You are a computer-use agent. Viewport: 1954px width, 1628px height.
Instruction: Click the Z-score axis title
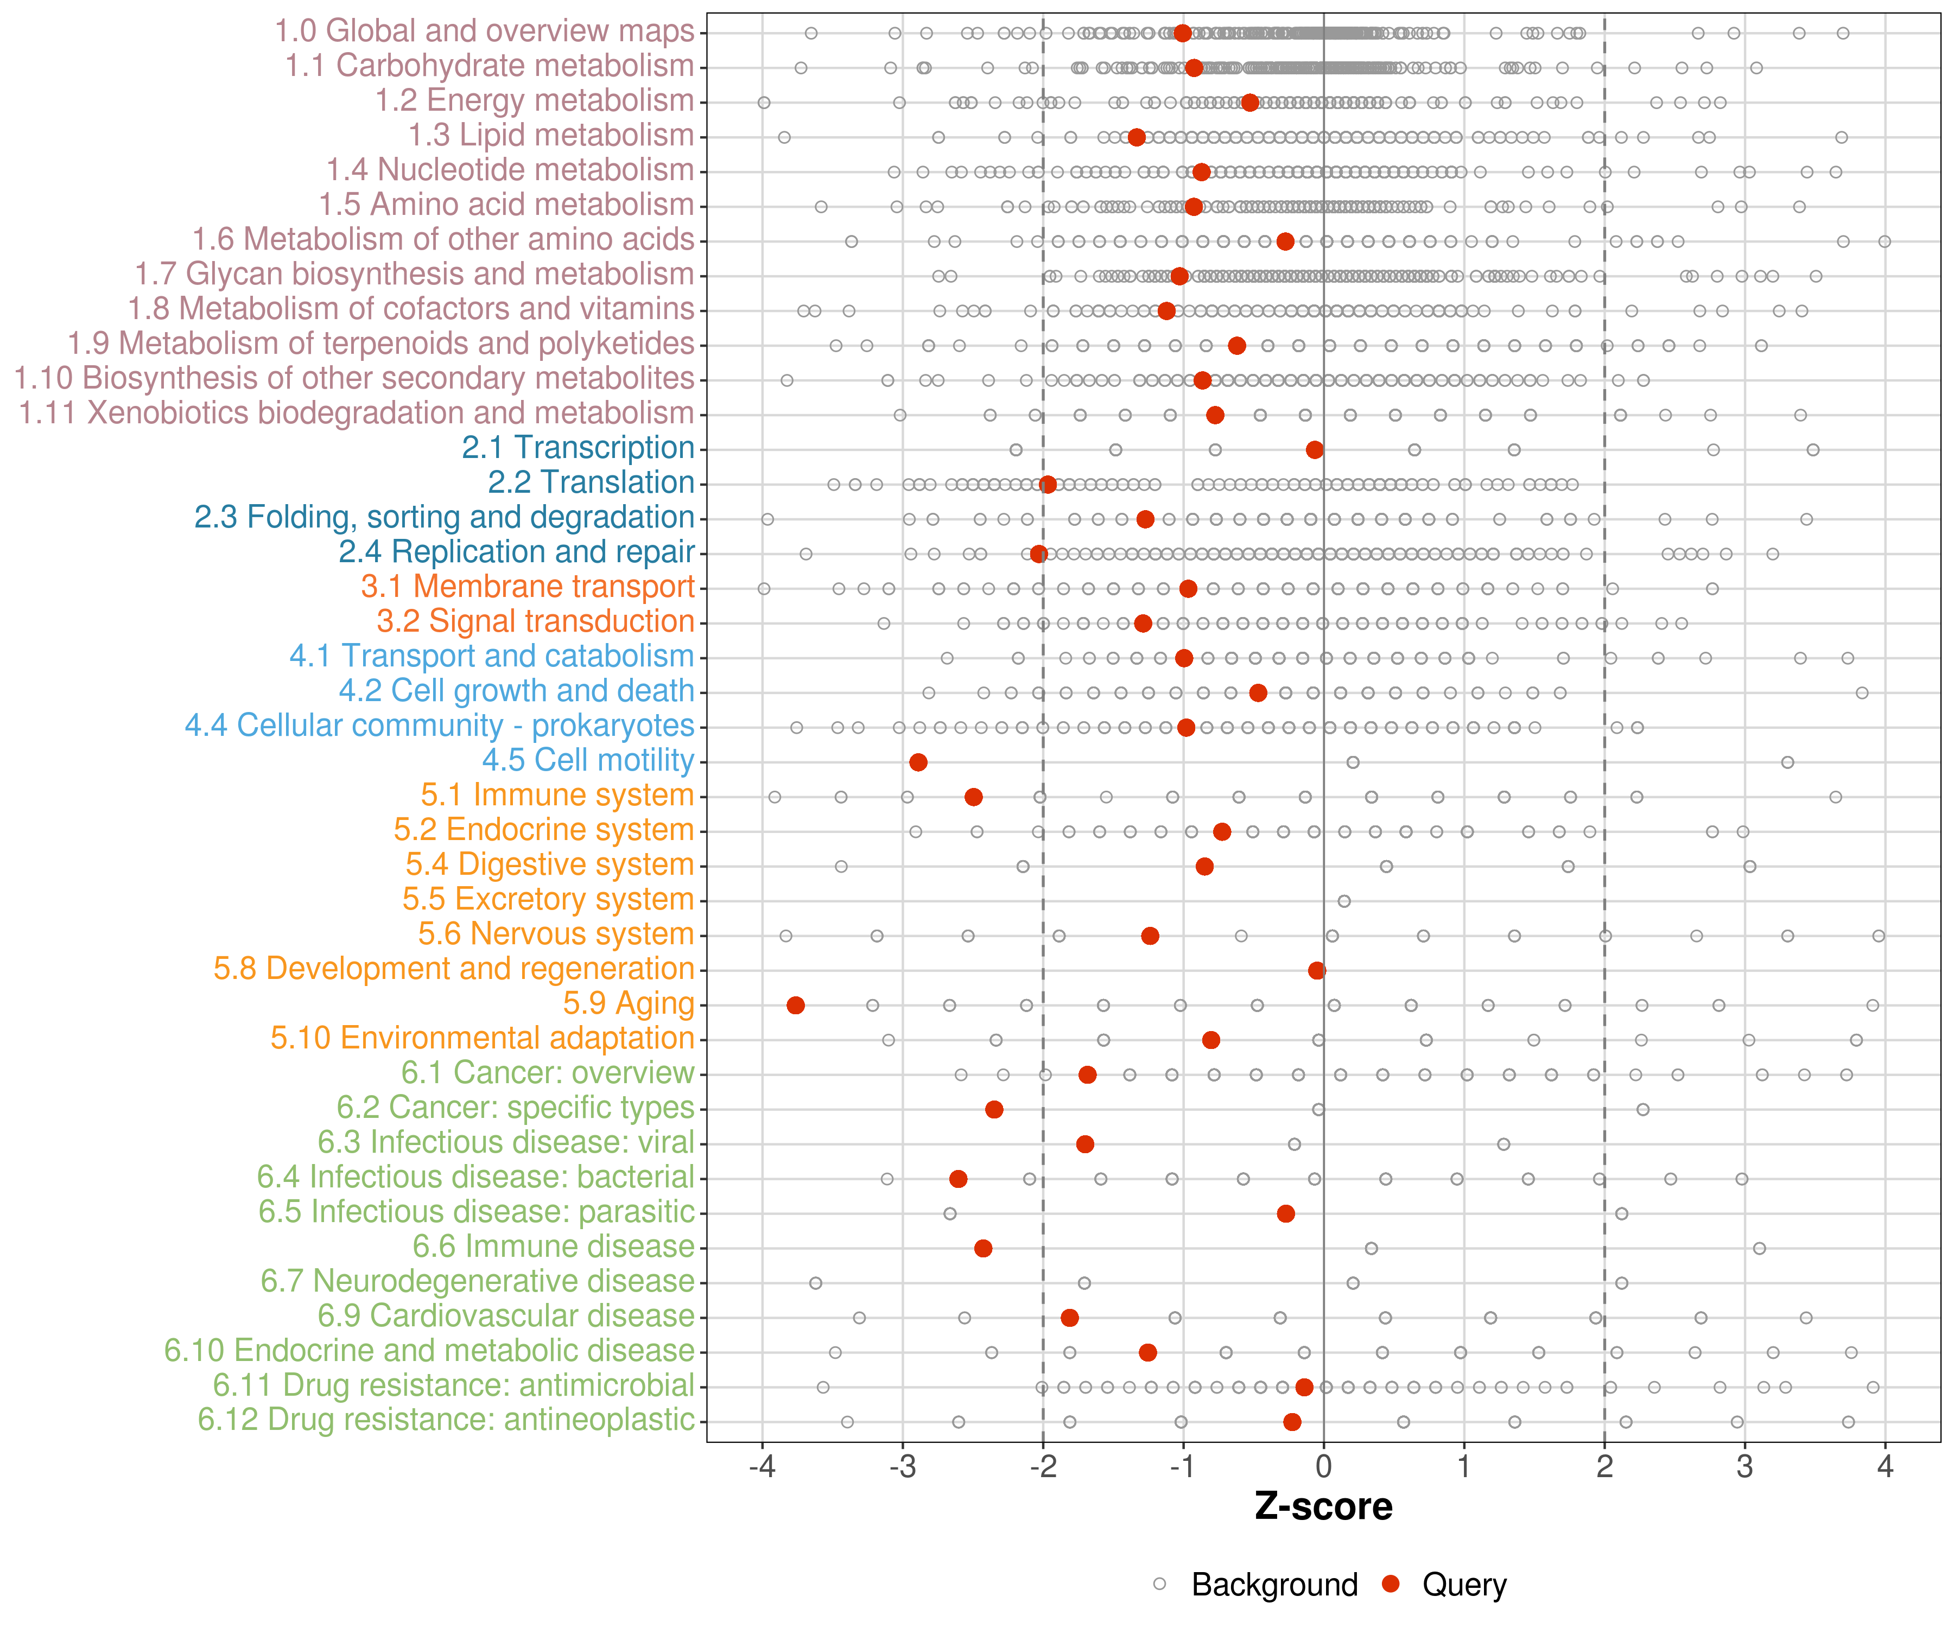coord(1323,1507)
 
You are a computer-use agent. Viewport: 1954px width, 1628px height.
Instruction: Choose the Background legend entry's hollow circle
coord(1159,1584)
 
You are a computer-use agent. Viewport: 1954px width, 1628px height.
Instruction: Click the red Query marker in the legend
coord(1391,1584)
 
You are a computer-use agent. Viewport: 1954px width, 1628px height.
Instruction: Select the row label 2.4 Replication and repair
coord(516,552)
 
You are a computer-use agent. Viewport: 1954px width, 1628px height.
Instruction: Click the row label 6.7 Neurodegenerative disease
coord(477,1281)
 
